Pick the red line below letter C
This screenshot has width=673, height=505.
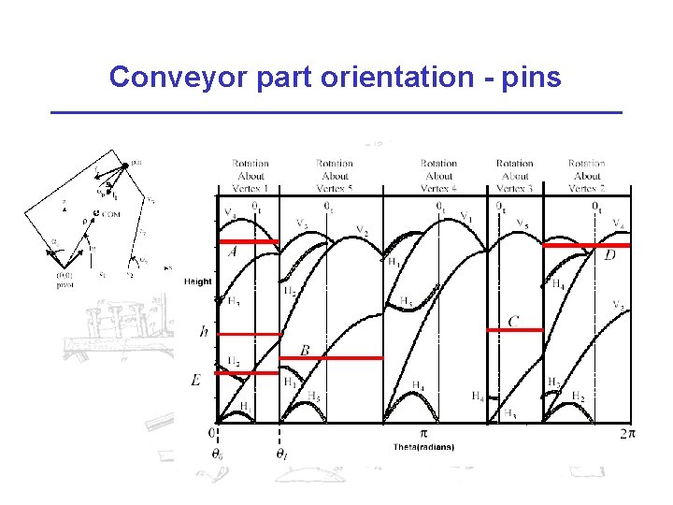(x=515, y=329)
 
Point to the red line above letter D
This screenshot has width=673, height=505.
(x=586, y=246)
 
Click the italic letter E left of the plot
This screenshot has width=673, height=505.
(x=195, y=380)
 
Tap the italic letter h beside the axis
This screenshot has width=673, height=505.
(x=204, y=331)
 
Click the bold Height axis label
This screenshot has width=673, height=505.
(x=198, y=281)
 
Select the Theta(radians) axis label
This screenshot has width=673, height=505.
(x=423, y=447)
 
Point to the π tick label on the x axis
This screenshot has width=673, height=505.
(x=422, y=433)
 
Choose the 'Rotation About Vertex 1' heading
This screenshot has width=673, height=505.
(x=251, y=176)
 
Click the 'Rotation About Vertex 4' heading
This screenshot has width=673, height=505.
(x=438, y=176)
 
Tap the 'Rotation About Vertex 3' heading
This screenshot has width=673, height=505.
(x=514, y=176)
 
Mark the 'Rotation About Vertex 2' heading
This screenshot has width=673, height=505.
(x=586, y=176)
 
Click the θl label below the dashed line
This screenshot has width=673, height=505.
(x=280, y=454)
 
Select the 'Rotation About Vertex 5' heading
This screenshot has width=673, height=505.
(x=334, y=176)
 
